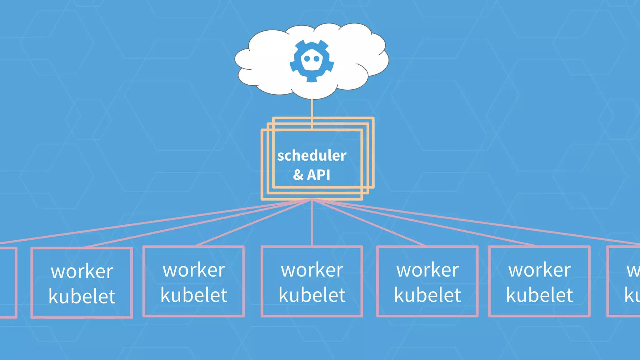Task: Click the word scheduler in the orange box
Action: (x=312, y=156)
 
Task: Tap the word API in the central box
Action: (x=318, y=175)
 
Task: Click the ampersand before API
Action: (x=298, y=175)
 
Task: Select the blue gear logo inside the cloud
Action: (x=312, y=61)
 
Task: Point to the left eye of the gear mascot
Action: (x=307, y=58)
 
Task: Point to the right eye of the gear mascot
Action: (x=317, y=58)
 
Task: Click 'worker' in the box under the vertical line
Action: (x=312, y=270)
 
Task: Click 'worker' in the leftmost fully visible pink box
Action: (x=82, y=271)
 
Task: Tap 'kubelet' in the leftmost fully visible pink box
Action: (x=82, y=297)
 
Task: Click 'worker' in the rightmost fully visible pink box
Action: (x=539, y=270)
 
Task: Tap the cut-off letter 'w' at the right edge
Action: (x=633, y=271)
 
